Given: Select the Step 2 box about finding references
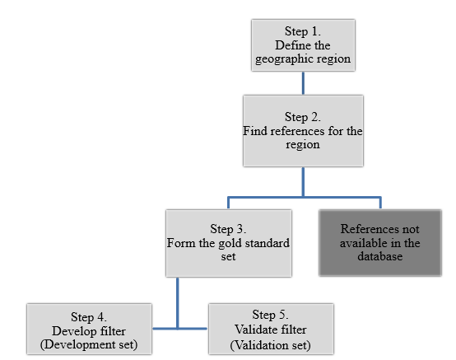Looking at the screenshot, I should click(x=303, y=131).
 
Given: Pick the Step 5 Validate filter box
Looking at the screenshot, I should click(x=271, y=330).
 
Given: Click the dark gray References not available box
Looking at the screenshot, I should click(x=379, y=243).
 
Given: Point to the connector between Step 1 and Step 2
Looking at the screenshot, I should click(x=303, y=82).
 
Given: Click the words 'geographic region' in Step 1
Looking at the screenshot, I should click(x=303, y=58).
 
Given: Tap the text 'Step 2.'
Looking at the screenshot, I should click(x=303, y=117).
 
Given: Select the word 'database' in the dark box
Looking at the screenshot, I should click(x=379, y=257).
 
